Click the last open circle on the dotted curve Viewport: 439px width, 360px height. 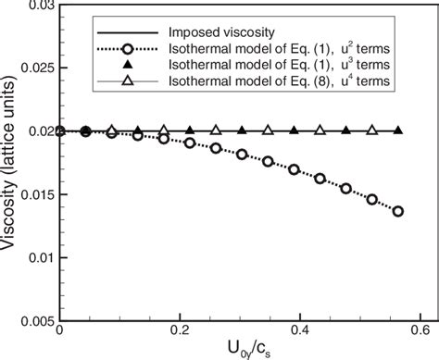tap(398, 211)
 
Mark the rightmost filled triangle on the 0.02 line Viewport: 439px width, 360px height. tap(398, 130)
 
